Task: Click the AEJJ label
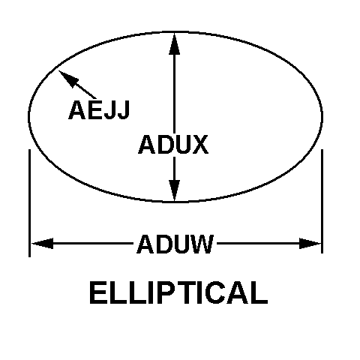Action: tap(99, 109)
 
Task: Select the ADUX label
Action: tap(173, 144)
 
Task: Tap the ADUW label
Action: tap(175, 244)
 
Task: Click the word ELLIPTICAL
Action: tap(178, 292)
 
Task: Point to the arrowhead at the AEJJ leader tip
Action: tap(67, 78)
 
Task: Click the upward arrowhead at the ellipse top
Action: tap(174, 43)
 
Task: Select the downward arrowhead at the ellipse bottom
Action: tap(174, 190)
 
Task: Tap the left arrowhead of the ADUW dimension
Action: tap(43, 244)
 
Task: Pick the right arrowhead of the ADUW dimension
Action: tap(310, 244)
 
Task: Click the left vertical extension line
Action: tap(30, 203)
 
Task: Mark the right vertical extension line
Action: tap(322, 201)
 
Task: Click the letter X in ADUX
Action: tap(199, 144)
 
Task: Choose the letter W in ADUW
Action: tap(202, 244)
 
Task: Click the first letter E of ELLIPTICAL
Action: tap(97, 292)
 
